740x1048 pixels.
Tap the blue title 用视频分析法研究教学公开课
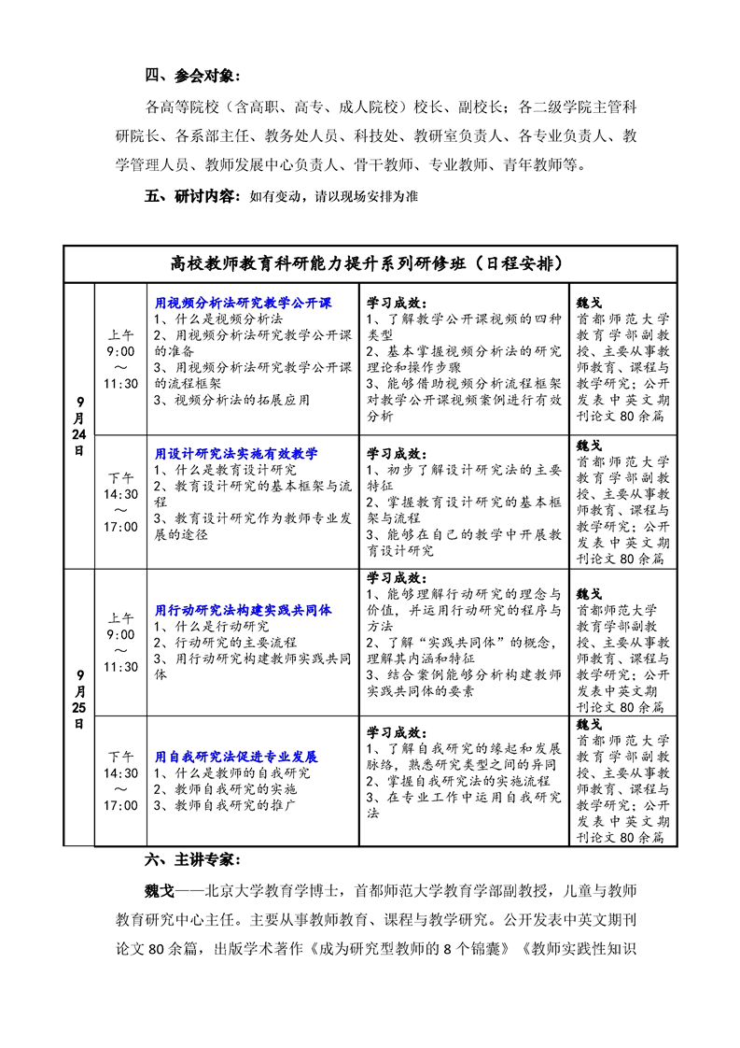coord(244,303)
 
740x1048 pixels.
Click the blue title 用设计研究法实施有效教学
coord(236,453)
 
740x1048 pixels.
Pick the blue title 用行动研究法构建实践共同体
coord(244,610)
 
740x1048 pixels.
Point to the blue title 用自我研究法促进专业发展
coord(236,757)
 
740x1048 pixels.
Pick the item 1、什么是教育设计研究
coord(225,470)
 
